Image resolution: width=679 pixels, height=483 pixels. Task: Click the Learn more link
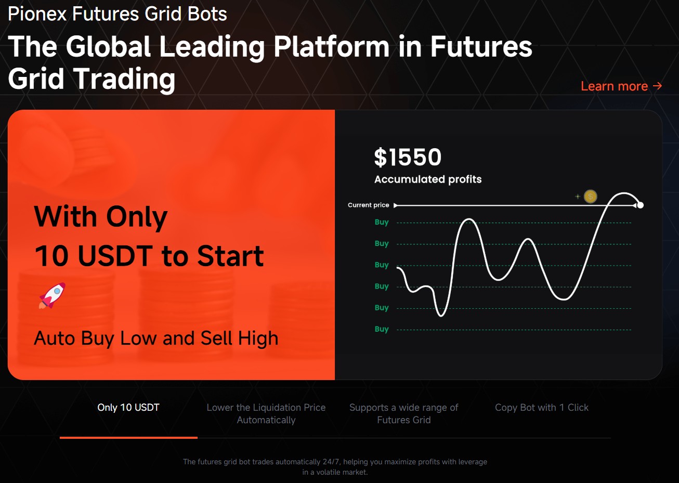(621, 86)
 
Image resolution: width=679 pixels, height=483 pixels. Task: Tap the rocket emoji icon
(52, 296)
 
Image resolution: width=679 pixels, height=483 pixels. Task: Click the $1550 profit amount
(408, 157)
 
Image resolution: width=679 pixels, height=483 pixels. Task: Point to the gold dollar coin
(590, 197)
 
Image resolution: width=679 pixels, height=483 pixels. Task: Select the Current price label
(368, 205)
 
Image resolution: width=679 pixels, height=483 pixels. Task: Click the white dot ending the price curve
(640, 205)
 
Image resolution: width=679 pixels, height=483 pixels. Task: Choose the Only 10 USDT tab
(128, 407)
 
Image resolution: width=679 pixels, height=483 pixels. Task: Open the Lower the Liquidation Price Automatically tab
(266, 413)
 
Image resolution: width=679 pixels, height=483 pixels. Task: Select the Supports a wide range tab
(404, 413)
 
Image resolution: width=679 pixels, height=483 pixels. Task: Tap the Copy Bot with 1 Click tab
(542, 407)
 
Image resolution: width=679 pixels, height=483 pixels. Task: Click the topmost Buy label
(382, 222)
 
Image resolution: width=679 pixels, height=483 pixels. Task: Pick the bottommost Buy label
(382, 329)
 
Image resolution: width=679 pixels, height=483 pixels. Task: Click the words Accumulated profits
(428, 179)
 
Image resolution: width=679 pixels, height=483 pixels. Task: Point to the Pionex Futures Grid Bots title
(117, 14)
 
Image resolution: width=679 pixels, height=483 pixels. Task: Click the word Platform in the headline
(331, 47)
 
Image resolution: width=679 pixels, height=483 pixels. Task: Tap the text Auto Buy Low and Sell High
(156, 338)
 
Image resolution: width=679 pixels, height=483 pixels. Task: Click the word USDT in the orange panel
(115, 256)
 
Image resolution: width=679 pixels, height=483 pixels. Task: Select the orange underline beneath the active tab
(128, 438)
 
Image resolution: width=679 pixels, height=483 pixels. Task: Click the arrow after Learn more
(658, 86)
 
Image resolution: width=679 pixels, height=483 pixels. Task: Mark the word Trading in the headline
(124, 79)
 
